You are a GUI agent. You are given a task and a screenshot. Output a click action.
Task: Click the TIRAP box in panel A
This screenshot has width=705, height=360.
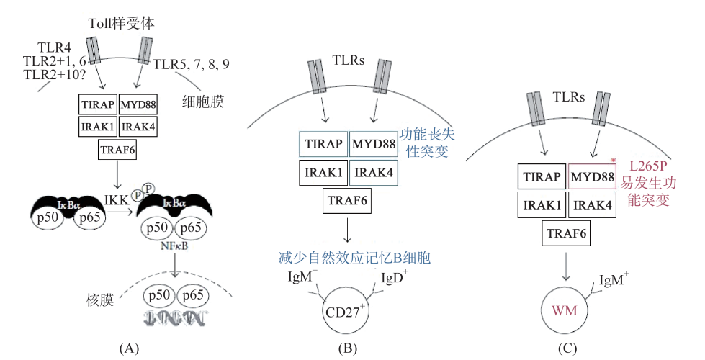pos(98,105)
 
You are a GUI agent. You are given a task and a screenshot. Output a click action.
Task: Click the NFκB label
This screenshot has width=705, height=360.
pos(176,246)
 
